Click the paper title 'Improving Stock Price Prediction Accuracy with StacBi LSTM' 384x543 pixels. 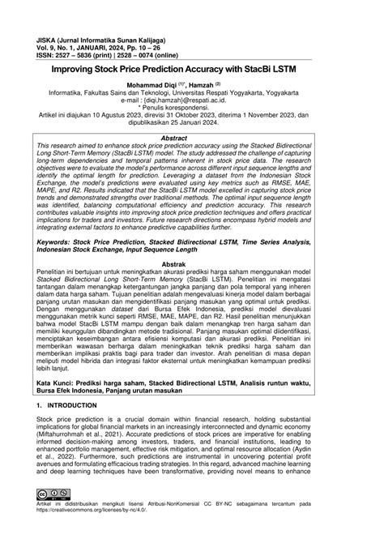[192, 71]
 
